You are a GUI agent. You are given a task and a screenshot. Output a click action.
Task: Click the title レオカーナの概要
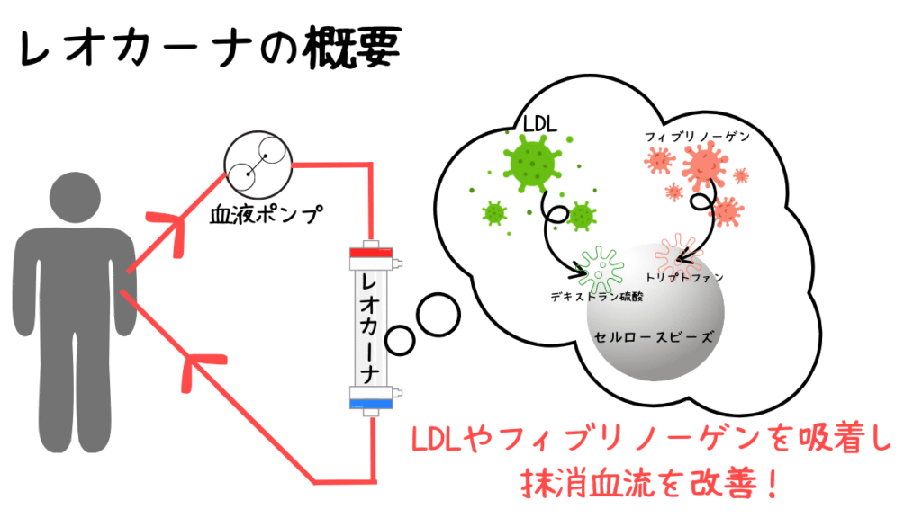(211, 49)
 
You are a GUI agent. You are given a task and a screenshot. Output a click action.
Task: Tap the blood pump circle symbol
(258, 165)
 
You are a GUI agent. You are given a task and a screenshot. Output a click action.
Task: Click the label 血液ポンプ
(267, 215)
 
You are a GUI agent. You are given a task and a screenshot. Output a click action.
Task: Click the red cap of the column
(371, 253)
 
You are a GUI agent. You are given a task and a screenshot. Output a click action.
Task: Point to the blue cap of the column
(371, 404)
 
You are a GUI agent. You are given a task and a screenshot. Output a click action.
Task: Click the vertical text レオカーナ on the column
(371, 328)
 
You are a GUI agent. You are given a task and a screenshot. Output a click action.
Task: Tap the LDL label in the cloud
(540, 124)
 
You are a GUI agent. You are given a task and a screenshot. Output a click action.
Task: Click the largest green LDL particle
(531, 163)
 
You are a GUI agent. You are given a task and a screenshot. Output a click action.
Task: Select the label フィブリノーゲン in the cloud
(698, 137)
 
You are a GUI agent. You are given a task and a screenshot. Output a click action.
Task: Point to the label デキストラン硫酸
(596, 297)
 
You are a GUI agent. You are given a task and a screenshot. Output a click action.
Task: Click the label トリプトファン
(684, 277)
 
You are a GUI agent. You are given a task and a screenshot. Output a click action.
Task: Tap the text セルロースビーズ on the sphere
(654, 337)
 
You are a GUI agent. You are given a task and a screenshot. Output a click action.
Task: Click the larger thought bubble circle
(438, 315)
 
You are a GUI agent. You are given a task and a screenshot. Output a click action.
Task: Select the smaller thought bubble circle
(400, 340)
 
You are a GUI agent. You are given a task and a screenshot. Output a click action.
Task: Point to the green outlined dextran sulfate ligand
(601, 270)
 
